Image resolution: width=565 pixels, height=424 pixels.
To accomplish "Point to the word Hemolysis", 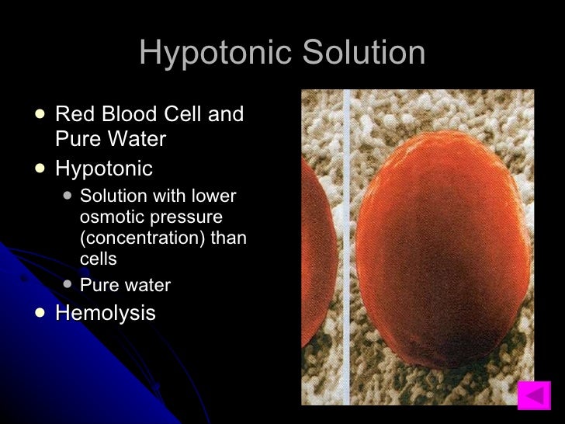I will coord(106,313).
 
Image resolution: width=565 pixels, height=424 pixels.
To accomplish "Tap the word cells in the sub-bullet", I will coord(99,258).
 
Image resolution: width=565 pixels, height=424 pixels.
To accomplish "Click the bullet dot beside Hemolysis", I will coord(40,312).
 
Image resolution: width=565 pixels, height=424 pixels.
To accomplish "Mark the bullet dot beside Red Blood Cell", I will coord(40,114).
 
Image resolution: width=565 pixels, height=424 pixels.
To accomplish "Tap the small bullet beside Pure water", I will coord(67,284).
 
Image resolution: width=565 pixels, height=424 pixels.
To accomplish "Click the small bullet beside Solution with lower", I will coord(67,195).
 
